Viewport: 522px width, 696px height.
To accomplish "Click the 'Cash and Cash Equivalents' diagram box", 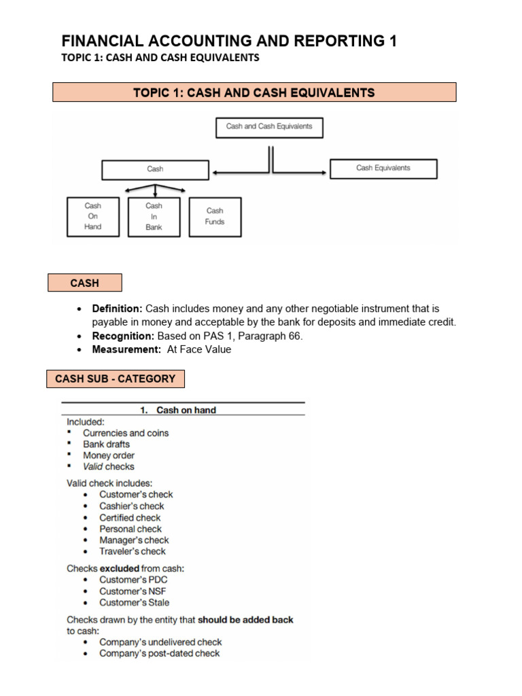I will click(x=269, y=127).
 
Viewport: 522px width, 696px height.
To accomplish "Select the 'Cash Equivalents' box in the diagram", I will click(x=383, y=169).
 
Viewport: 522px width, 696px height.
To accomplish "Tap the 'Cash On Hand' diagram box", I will click(x=92, y=216).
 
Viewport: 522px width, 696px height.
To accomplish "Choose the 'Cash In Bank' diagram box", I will click(x=154, y=216).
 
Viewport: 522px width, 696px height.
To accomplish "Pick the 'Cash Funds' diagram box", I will click(x=215, y=216).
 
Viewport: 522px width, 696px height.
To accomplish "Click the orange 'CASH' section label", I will click(x=84, y=283).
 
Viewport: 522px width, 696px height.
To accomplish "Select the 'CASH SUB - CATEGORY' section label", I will click(x=115, y=379).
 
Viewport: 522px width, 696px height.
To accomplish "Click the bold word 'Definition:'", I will click(x=117, y=309).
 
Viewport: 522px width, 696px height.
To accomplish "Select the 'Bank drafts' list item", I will click(x=106, y=444).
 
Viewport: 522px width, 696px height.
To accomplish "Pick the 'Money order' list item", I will click(x=108, y=455).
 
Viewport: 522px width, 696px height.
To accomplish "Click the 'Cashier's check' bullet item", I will click(x=131, y=506).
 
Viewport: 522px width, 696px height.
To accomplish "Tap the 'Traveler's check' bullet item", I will click(x=132, y=551).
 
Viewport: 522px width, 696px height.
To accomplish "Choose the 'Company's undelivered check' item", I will click(x=160, y=642).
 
